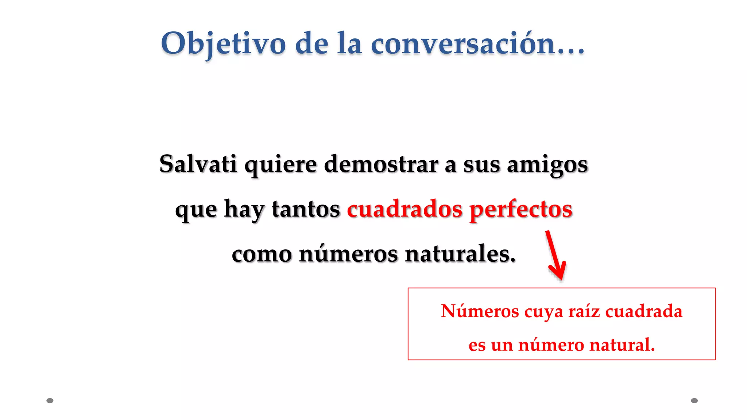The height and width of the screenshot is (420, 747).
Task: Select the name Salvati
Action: pos(198,164)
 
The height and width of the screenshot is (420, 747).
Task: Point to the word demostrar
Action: pos(381,164)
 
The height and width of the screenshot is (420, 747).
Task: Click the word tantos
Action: pos(306,209)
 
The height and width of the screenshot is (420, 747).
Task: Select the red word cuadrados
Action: pos(405,209)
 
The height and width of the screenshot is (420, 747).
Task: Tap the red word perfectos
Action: pos(521,210)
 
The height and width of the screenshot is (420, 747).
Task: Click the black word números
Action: pos(348,254)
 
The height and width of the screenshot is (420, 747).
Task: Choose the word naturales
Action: pos(460,254)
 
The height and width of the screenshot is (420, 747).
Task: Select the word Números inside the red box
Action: pos(480,311)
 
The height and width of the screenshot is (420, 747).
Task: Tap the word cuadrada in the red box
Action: pos(644,311)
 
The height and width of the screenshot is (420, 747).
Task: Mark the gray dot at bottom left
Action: pos(50,401)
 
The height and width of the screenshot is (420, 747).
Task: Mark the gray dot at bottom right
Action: pos(694,401)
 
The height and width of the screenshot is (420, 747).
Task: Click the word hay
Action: pos(244,210)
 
